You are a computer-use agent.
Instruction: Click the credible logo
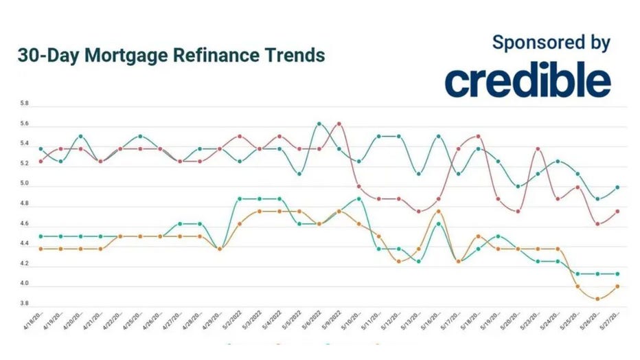click(527, 80)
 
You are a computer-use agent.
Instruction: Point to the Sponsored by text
click(551, 43)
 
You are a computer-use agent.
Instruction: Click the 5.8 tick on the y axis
click(24, 104)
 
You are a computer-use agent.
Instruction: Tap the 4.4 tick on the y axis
click(24, 244)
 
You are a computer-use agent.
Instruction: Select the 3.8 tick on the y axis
click(24, 304)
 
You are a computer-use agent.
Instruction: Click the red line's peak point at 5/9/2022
click(339, 124)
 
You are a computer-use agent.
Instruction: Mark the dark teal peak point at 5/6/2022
click(319, 124)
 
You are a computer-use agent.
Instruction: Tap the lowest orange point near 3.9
click(597, 299)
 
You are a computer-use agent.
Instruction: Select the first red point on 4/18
click(41, 161)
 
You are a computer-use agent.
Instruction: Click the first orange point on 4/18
click(41, 249)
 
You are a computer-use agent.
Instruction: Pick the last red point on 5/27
click(617, 211)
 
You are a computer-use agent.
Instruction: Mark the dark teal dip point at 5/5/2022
click(299, 174)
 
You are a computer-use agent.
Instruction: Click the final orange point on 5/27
click(617, 286)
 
